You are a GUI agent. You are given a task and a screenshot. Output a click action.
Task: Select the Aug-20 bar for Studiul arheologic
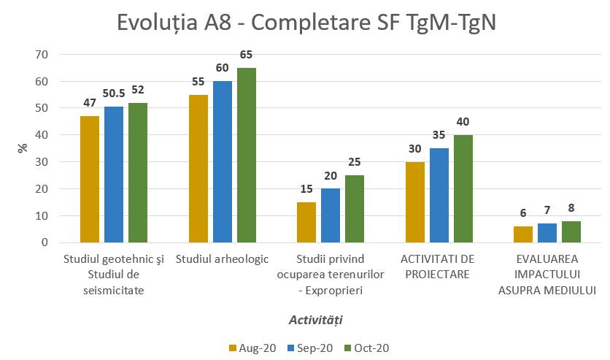pos(198,169)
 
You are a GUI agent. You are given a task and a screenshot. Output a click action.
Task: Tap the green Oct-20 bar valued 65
pos(247,155)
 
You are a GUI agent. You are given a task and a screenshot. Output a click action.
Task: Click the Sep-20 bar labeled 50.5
pos(114,175)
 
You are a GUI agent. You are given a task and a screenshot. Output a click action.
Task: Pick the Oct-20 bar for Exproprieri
pos(355,209)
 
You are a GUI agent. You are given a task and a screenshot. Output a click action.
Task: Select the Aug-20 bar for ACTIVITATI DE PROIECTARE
pos(415,202)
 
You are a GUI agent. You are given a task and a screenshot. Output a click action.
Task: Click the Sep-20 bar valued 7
pos(547,233)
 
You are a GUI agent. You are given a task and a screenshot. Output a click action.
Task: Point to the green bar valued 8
pos(571,231)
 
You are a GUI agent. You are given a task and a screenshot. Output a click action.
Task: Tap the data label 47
pos(90,103)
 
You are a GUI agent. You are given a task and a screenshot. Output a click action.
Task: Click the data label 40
pos(463,122)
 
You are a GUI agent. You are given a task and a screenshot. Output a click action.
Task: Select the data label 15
pos(306,189)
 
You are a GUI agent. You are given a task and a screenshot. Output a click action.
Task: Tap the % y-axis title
pos(22,148)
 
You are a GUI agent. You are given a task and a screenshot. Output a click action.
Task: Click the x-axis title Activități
pos(315,320)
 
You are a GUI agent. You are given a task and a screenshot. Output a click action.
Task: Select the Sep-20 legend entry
pos(309,348)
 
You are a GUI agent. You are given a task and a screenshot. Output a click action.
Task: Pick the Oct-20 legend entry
pos(367,348)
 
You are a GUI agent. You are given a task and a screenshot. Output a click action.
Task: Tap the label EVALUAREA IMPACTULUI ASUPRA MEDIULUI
pos(547,275)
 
